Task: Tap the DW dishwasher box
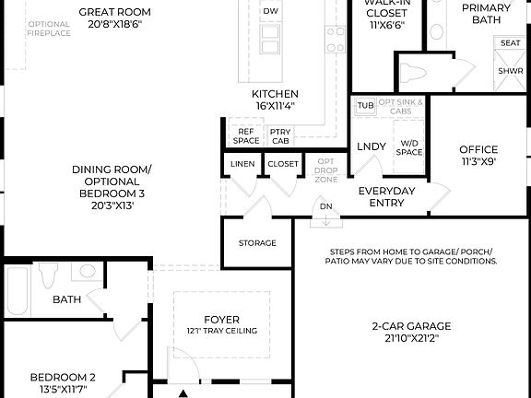click(270, 12)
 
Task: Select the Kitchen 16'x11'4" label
click(275, 100)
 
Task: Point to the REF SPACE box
click(245, 136)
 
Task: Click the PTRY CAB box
click(280, 136)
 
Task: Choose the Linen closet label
click(242, 164)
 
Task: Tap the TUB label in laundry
click(366, 106)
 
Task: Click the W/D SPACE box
click(409, 147)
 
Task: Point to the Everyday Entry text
click(386, 197)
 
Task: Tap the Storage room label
click(257, 243)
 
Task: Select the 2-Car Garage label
click(411, 332)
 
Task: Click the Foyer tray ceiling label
click(221, 325)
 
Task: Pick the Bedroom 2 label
click(63, 382)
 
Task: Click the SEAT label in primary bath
click(509, 43)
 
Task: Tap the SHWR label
click(509, 70)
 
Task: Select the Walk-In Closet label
click(386, 17)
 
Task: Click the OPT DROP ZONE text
click(325, 170)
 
